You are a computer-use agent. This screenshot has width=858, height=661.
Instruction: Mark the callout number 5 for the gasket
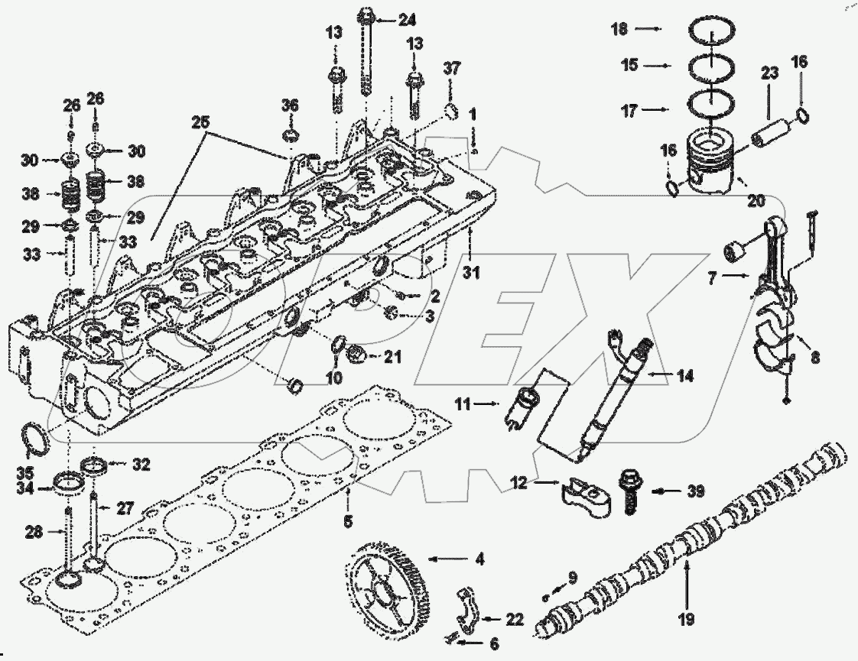pos(348,523)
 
